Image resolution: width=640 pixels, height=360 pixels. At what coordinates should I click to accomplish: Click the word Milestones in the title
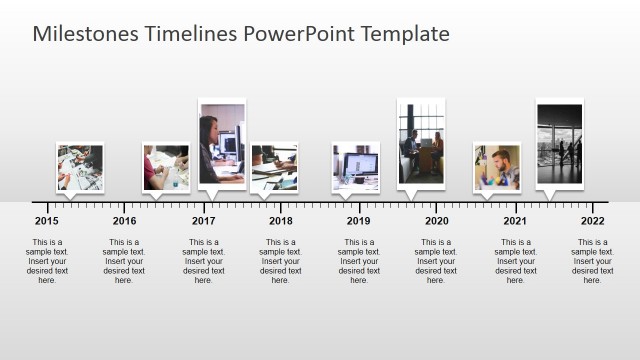click(x=84, y=34)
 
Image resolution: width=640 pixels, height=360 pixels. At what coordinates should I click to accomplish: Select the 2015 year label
click(x=46, y=221)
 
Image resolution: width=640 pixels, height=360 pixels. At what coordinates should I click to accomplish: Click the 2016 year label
click(x=124, y=221)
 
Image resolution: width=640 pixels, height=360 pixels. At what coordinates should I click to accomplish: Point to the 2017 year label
click(x=203, y=221)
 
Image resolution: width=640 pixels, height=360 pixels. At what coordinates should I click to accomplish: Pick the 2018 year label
click(x=281, y=221)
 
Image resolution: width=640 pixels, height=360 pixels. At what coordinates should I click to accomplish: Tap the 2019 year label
click(x=359, y=221)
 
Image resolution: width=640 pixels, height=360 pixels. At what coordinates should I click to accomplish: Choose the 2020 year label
click(x=436, y=221)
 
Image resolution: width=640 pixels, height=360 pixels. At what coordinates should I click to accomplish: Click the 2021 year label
click(x=515, y=221)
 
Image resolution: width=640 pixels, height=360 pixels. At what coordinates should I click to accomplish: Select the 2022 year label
click(x=592, y=221)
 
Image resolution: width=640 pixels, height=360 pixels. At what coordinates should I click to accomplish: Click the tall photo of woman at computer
click(x=221, y=143)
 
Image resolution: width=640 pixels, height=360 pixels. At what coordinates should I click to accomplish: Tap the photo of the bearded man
click(x=496, y=167)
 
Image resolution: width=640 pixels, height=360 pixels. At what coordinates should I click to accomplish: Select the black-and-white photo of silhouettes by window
click(x=559, y=143)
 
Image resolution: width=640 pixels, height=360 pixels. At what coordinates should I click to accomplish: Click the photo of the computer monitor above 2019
click(x=355, y=167)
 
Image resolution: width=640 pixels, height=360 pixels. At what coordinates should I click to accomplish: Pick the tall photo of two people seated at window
click(x=420, y=143)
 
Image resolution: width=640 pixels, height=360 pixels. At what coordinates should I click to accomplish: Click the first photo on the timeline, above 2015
click(x=79, y=167)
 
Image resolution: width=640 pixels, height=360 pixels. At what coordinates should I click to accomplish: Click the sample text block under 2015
click(x=47, y=261)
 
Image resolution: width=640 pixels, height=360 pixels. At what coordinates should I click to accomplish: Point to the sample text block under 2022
click(x=592, y=261)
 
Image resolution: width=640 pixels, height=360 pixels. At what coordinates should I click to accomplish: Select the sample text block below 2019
click(x=359, y=261)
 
